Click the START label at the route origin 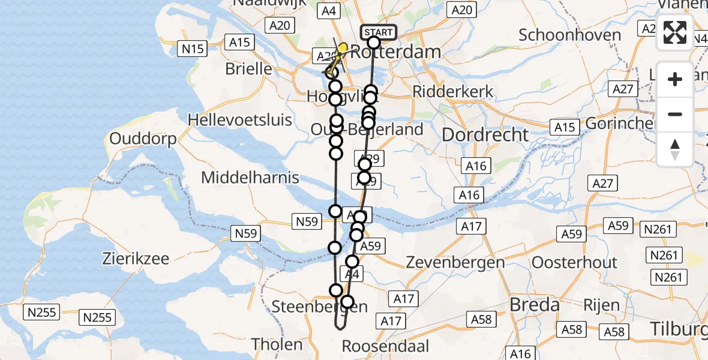(379, 32)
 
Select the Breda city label (535, 305)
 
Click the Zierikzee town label (136, 260)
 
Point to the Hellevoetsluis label (240, 119)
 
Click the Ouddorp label (143, 139)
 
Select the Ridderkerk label (453, 92)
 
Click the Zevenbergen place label (455, 262)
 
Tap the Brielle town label (249, 68)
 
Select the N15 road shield (193, 49)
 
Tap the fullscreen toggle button (675, 32)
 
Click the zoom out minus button (675, 114)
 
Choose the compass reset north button (675, 149)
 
